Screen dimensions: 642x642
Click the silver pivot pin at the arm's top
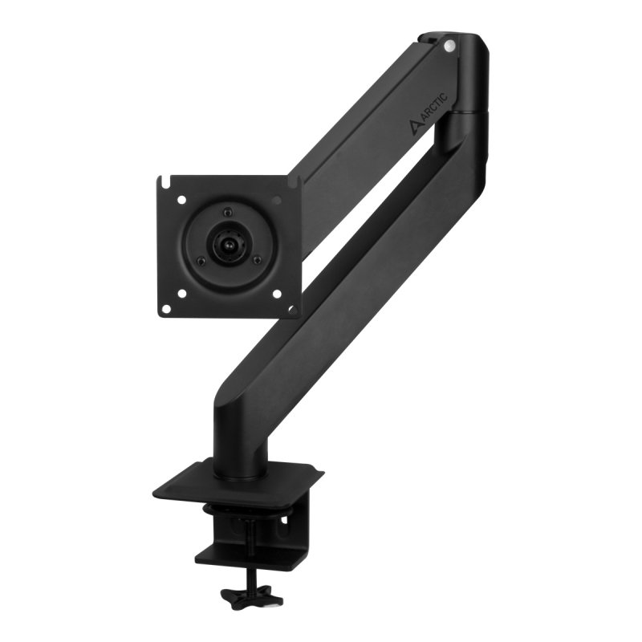click(x=449, y=46)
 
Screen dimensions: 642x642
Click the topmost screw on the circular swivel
click(x=227, y=212)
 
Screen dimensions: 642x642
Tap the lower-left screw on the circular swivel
click(x=201, y=260)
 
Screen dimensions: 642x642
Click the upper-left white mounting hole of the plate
click(x=181, y=201)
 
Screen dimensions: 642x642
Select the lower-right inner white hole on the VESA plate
click(x=276, y=294)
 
